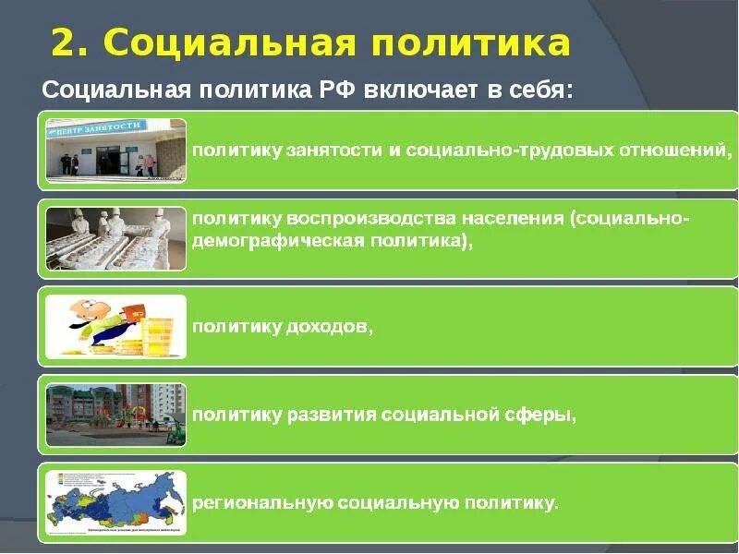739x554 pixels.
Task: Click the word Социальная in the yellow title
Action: (217, 43)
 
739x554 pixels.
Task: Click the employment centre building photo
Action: (115, 151)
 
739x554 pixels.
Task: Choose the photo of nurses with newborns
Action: (115, 238)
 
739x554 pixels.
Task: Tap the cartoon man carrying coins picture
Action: (115, 326)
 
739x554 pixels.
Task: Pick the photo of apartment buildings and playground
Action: (115, 415)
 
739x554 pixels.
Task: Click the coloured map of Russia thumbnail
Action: (115, 503)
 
